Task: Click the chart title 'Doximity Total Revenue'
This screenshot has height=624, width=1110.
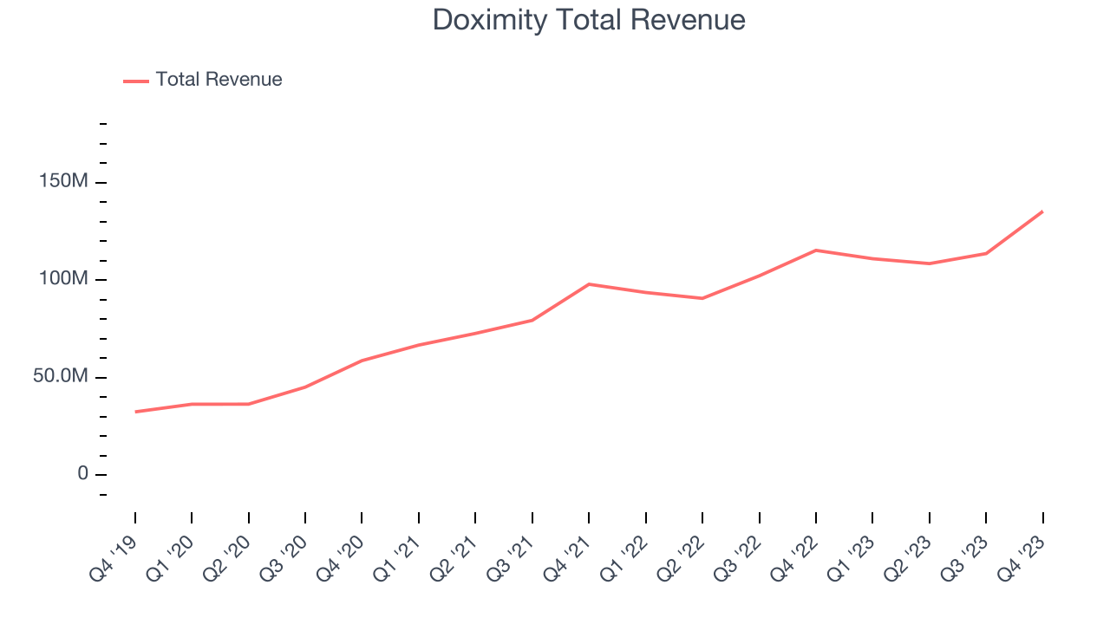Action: tap(589, 20)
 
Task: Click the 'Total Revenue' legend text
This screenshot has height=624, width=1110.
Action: tap(219, 80)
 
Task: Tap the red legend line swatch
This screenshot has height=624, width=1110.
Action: tap(136, 81)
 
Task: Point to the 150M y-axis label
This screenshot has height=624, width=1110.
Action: tap(62, 183)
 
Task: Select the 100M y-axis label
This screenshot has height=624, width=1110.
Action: tap(62, 280)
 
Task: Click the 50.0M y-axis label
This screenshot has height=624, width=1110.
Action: tap(61, 377)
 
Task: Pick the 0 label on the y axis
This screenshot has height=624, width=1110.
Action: tap(82, 474)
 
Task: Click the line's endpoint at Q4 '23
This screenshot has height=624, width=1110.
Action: tap(1042, 211)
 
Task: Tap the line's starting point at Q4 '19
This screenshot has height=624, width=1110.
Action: tap(135, 412)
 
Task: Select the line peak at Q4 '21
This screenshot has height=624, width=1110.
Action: tap(589, 284)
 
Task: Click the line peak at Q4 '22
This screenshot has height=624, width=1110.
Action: tap(816, 250)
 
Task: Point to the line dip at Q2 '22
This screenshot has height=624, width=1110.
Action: tap(702, 298)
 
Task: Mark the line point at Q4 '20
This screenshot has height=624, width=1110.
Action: tap(362, 361)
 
